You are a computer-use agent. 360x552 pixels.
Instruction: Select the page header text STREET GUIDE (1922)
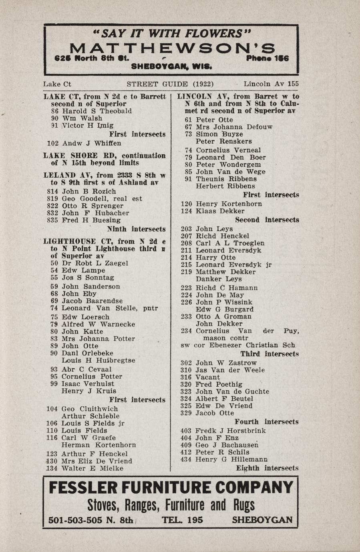tap(170, 84)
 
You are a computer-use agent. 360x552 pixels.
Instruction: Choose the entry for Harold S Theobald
tap(96, 111)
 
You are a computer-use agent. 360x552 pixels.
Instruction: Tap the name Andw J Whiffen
tap(91, 143)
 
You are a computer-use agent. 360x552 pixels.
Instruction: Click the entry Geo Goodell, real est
tap(102, 199)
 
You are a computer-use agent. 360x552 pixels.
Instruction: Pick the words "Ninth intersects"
tap(136, 229)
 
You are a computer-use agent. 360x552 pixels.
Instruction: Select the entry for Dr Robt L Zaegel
tap(95, 263)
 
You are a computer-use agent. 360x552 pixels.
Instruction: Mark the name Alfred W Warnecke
tap(98, 324)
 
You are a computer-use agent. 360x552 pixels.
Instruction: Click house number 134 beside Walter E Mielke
tap(52, 468)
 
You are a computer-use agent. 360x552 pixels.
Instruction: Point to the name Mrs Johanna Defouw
tap(234, 127)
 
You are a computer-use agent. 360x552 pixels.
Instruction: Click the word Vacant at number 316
tap(208, 377)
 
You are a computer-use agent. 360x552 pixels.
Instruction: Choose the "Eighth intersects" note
tap(267, 468)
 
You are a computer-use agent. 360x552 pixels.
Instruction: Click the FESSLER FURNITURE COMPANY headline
tap(171, 488)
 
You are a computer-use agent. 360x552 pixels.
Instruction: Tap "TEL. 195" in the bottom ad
tap(182, 520)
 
